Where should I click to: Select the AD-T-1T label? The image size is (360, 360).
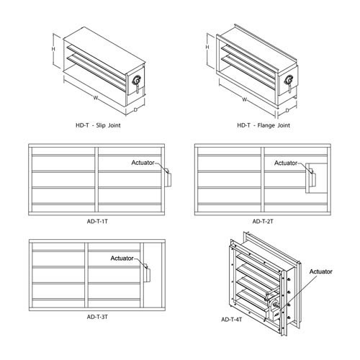tap(96, 222)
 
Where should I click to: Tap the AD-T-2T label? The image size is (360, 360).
tap(266, 222)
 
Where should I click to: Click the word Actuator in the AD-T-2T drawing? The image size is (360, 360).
tap(289, 163)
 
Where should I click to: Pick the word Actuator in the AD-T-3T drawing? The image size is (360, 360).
tap(124, 258)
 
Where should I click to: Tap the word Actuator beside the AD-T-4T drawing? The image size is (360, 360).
tap(321, 271)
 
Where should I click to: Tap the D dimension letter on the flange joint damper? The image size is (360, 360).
tap(286, 112)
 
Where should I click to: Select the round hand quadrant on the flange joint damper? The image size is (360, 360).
tap(289, 80)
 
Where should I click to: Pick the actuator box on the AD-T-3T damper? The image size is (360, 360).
tap(146, 273)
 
